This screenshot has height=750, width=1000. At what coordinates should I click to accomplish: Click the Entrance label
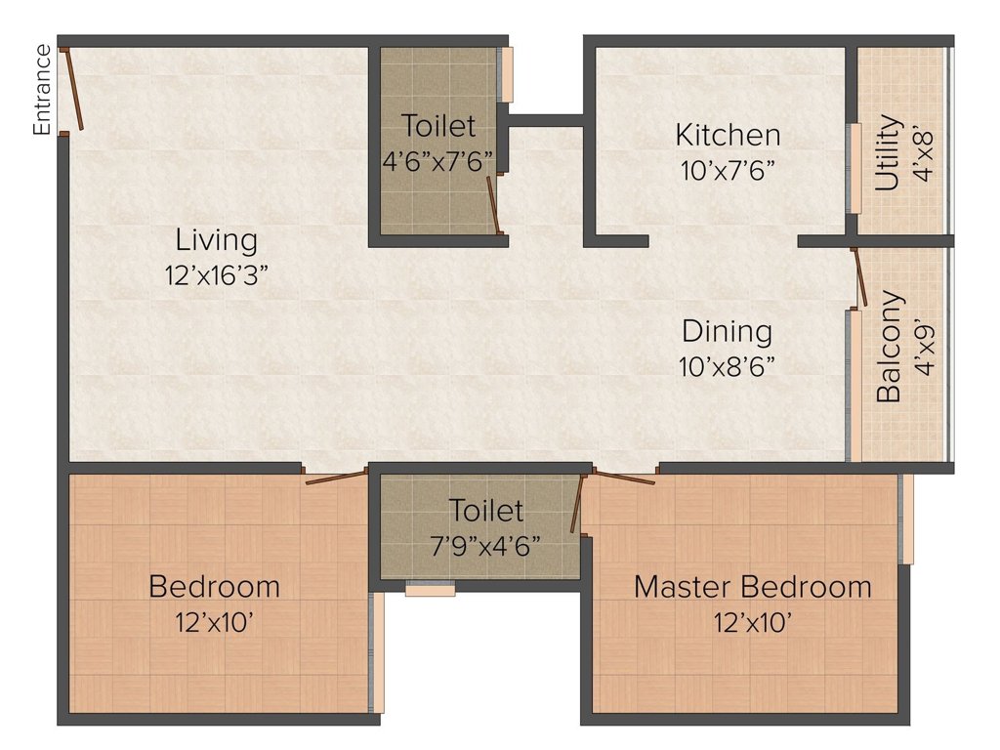click(42, 89)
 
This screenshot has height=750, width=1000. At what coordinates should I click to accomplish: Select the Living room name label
click(217, 240)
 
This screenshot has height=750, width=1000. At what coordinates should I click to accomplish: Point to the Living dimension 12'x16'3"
click(216, 275)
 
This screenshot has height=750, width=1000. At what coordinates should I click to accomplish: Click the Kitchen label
click(728, 135)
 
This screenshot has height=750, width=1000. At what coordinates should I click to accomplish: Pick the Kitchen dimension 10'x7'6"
click(728, 170)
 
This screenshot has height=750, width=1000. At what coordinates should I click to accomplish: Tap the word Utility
click(888, 152)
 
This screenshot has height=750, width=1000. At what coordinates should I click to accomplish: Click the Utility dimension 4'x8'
click(923, 155)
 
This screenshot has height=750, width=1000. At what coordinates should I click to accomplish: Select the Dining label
click(727, 332)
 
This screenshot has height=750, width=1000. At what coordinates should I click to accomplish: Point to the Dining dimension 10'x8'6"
click(727, 367)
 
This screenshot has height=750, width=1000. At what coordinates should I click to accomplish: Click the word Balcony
click(889, 347)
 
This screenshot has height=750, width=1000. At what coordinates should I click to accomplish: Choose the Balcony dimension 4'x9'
click(924, 350)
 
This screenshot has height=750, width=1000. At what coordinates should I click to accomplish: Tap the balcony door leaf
click(859, 277)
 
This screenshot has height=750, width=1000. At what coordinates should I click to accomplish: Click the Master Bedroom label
click(753, 587)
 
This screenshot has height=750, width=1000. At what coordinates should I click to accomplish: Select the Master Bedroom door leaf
click(624, 477)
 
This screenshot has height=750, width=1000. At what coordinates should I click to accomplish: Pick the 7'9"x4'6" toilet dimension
click(486, 546)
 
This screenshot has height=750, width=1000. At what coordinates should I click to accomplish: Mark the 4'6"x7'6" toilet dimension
click(438, 161)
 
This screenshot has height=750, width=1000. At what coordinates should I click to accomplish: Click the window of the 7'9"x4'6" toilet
click(431, 589)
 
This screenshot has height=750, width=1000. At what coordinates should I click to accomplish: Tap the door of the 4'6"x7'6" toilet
click(493, 205)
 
